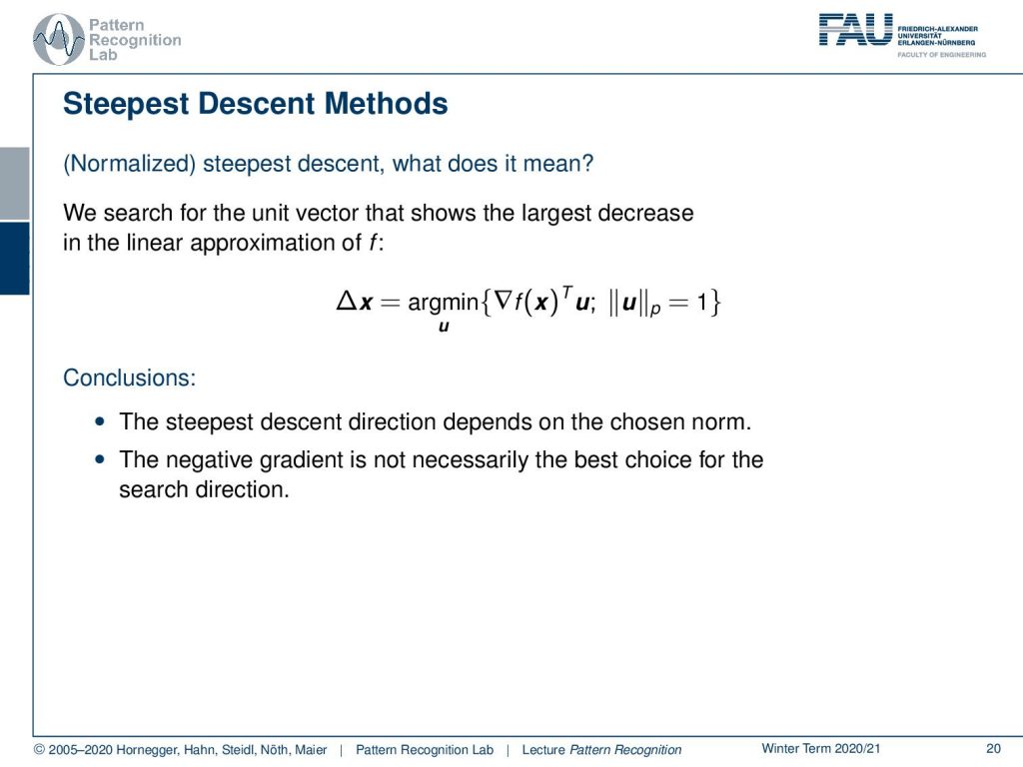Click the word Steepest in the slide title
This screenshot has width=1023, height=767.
[126, 104]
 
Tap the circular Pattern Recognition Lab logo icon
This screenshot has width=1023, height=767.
[59, 40]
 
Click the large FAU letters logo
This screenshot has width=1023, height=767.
[855, 29]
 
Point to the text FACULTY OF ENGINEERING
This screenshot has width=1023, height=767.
[941, 55]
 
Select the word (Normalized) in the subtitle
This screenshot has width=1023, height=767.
[129, 163]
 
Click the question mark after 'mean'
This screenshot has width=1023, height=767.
[587, 163]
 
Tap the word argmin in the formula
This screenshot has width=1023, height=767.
[443, 302]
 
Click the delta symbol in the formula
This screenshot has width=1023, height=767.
[346, 301]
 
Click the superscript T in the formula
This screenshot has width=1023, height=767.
[567, 293]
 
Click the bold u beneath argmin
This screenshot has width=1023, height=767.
[444, 327]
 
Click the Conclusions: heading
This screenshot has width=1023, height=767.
[129, 378]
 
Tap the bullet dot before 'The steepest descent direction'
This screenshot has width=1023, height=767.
[99, 421]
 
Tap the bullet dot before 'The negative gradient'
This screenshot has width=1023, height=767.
[99, 459]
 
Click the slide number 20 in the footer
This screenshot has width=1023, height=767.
[993, 749]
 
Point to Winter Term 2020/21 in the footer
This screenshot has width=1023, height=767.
[821, 749]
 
